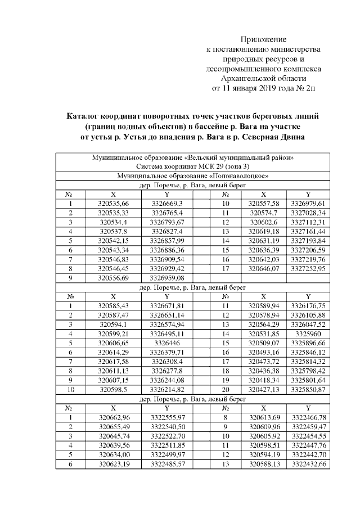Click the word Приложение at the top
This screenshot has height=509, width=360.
(264, 39)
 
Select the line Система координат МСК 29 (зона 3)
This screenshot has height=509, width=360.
(192, 166)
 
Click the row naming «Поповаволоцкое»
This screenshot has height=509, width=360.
(192, 175)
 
